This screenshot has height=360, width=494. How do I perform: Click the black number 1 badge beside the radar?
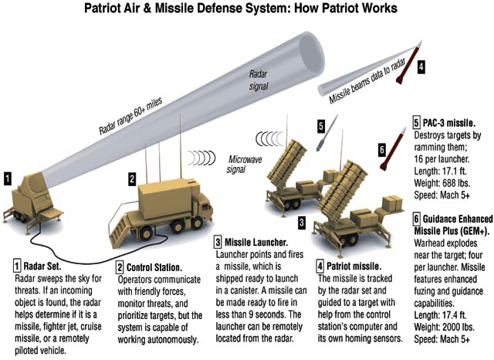tap(7, 178)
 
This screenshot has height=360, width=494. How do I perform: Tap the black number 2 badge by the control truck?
tap(132, 179)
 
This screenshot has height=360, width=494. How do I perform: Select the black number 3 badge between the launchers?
tap(302, 222)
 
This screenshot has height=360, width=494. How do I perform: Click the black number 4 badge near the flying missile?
tap(421, 67)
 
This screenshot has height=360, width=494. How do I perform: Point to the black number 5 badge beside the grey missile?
tap(321, 126)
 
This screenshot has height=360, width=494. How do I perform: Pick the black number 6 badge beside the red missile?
tap(382, 149)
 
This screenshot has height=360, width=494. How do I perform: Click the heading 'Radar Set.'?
tap(42, 267)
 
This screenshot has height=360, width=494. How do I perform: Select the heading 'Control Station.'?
tap(154, 267)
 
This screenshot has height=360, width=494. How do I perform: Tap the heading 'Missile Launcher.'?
tap(256, 243)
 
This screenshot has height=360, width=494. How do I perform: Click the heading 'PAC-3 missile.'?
tap(449, 123)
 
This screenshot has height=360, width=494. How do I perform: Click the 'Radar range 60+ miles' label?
tap(130, 116)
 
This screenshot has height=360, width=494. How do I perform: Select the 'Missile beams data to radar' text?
tap(367, 81)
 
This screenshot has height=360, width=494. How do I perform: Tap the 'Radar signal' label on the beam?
tap(259, 80)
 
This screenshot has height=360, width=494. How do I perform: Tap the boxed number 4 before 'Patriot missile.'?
tap(320, 267)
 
